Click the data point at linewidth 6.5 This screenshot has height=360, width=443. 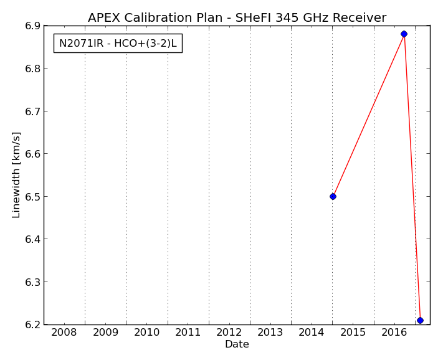pos(333,197)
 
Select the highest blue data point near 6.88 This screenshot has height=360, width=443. pos(404,34)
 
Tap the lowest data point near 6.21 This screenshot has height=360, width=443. pos(420,320)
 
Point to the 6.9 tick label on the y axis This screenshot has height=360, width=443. pos(33,26)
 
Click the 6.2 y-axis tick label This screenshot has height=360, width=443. pos(33,324)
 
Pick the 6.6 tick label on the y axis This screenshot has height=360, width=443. pos(33,154)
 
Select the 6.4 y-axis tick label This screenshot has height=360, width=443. pos(33,239)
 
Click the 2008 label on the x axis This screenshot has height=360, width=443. pos(64,333)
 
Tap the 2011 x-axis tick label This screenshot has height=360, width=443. pos(188,333)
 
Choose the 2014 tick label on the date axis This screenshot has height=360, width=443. pos(312,333)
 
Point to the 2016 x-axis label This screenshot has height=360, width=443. pos(394,333)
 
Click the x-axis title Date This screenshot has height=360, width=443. pos(237,344)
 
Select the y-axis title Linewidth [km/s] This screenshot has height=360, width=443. pos(16,175)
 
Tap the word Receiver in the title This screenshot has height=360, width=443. pos(360,18)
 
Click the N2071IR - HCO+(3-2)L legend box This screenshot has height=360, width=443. pos(118,44)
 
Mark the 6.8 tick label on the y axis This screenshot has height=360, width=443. pos(33,69)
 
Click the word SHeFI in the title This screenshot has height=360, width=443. pos(253,18)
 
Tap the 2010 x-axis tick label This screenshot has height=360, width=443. pos(146,333)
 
